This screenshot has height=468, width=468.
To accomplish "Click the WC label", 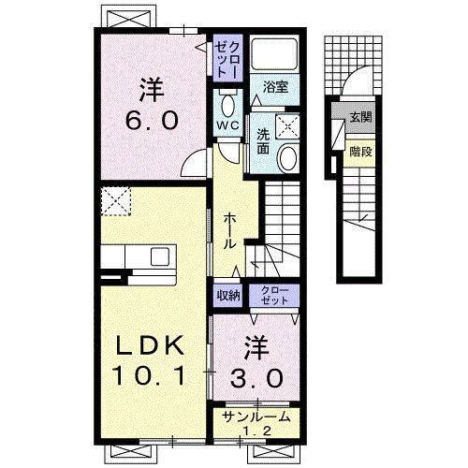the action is click(228, 125).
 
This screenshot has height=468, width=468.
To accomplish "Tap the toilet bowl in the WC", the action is click(228, 105).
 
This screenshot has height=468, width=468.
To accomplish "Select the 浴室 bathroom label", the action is click(275, 87).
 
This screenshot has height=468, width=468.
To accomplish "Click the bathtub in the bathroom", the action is click(274, 55).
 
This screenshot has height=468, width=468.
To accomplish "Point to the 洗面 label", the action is click(263, 141).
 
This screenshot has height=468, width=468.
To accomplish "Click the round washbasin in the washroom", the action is click(288, 157).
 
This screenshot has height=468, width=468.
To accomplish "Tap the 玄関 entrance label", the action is click(360, 117).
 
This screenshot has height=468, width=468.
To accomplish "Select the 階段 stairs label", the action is click(360, 152).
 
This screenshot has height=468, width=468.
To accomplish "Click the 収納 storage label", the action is click(228, 295).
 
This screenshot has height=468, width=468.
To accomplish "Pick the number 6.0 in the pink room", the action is click(152, 121).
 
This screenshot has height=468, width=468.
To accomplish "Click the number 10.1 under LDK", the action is click(150, 375).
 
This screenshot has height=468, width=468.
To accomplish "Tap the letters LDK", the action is click(150, 345).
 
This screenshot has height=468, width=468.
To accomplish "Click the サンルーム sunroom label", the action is click(256, 417).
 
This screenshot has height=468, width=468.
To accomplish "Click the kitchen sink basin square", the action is click(160, 256).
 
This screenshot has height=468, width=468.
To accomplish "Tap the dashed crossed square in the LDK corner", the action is click(115, 201).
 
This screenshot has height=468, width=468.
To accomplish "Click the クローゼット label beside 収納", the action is click(274, 296).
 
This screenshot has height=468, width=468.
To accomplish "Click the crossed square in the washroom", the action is click(286, 126).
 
